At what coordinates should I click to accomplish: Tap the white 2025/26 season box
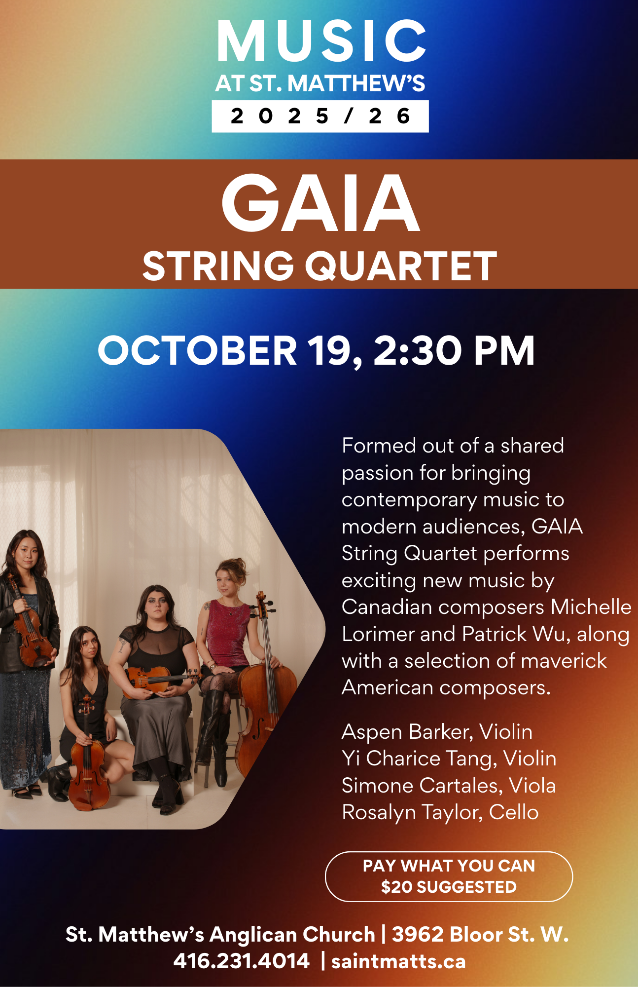(320, 116)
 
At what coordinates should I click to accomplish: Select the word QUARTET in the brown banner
(401, 266)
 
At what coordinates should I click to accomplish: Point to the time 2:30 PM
(454, 351)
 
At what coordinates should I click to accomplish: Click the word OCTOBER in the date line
(197, 350)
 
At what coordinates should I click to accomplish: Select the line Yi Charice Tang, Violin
(449, 759)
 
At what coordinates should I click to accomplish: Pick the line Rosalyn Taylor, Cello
(440, 813)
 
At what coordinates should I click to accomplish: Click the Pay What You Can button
(449, 876)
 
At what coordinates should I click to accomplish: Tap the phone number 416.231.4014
(242, 961)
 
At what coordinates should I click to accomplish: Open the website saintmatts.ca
(398, 961)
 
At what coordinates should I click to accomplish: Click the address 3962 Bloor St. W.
(480, 935)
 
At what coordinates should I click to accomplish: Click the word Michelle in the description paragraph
(591, 607)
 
